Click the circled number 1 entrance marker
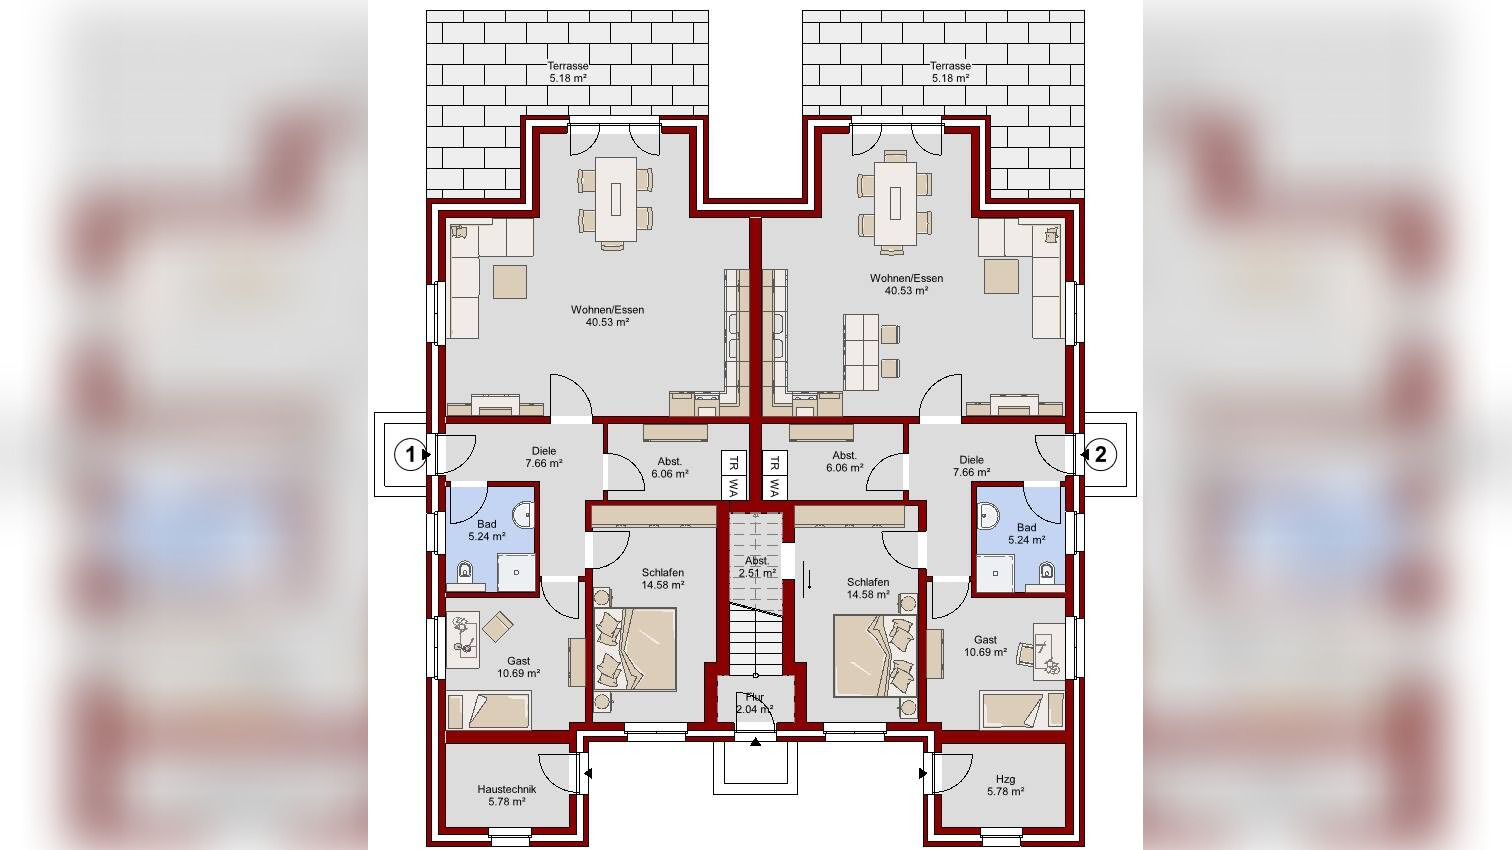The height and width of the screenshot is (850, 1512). (410, 454)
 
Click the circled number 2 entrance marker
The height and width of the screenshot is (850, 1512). (1100, 454)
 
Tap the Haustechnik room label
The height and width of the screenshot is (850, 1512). (507, 795)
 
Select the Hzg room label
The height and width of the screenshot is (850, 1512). (1006, 785)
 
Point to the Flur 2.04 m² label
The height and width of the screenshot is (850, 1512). (755, 703)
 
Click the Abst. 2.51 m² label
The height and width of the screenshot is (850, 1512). (757, 567)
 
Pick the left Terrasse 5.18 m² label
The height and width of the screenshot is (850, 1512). (568, 72)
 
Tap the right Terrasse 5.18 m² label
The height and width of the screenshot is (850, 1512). (950, 72)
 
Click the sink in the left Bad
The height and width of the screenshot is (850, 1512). (523, 514)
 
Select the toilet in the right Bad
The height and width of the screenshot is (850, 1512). (1046, 571)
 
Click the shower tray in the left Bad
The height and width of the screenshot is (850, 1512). (516, 573)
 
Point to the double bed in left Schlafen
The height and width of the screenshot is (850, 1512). (634, 649)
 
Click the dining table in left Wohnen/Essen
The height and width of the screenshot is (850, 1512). (616, 199)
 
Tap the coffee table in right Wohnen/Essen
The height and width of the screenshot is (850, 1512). (1001, 276)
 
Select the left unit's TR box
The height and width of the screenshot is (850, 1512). (734, 463)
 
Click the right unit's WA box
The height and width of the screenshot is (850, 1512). (775, 487)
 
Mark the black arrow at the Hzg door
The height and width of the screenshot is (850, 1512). (922, 773)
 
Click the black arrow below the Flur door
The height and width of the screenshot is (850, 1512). (755, 742)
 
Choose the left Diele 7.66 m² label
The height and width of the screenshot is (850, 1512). (544, 457)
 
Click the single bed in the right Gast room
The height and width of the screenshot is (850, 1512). (1022, 710)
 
